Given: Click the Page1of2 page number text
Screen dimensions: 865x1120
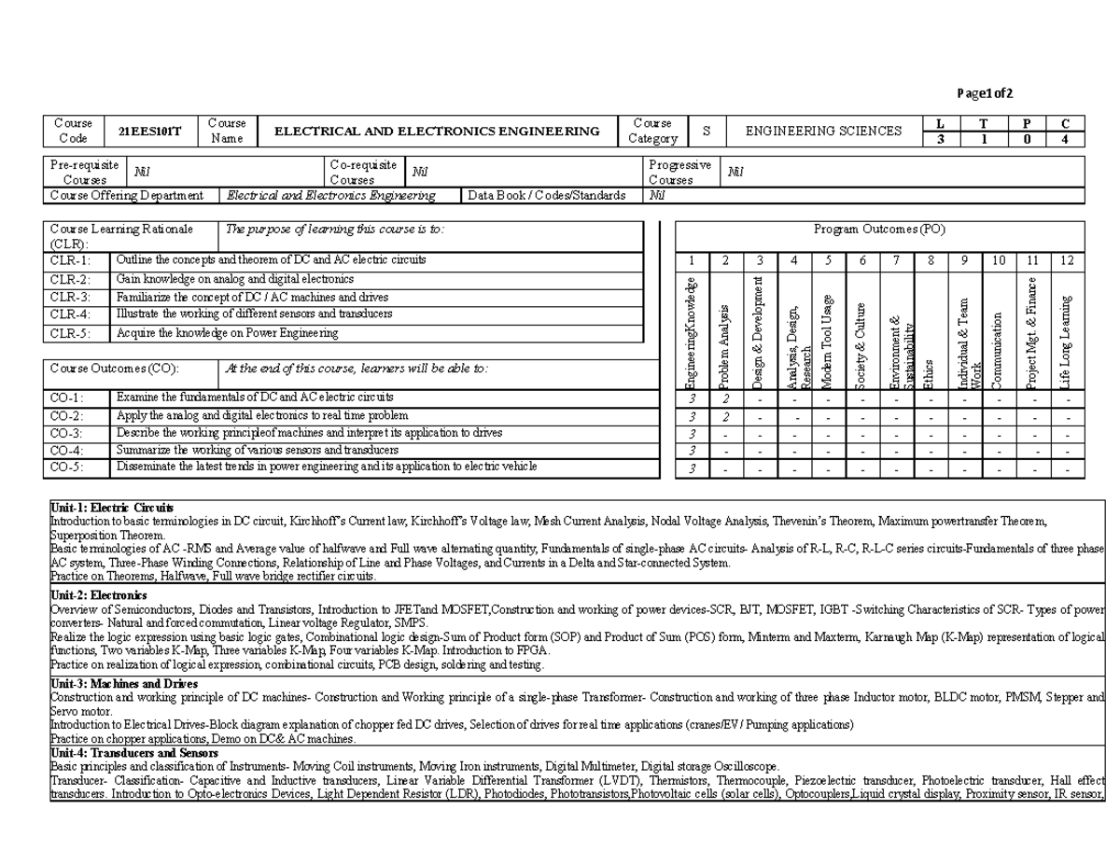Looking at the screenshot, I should pyautogui.click(x=985, y=92).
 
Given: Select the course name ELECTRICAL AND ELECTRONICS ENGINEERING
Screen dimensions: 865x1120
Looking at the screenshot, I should pyautogui.click(x=437, y=132).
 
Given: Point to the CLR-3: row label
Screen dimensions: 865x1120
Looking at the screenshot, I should pyautogui.click(x=71, y=297).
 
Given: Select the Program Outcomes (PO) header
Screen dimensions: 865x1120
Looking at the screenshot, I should pyautogui.click(x=880, y=230).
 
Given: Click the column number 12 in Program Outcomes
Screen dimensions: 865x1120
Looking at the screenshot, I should pyautogui.click(x=1068, y=260).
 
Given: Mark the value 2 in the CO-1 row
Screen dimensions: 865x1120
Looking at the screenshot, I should pyautogui.click(x=726, y=399).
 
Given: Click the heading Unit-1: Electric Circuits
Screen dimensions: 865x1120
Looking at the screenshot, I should pyautogui.click(x=112, y=507).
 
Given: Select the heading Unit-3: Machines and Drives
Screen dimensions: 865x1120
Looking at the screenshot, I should pyautogui.click(x=123, y=684).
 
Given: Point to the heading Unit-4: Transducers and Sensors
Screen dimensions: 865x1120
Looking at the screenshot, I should pyautogui.click(x=134, y=753).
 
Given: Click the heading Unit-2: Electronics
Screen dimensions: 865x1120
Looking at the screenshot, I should pyautogui.click(x=98, y=595).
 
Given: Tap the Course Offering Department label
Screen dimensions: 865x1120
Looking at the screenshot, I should pyautogui.click(x=127, y=196).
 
